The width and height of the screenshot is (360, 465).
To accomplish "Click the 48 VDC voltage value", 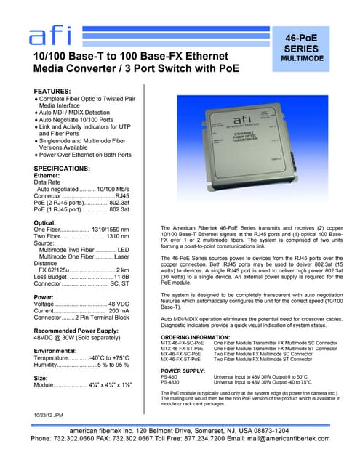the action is (118, 304).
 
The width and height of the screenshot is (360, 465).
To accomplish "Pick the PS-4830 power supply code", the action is (171, 381).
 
